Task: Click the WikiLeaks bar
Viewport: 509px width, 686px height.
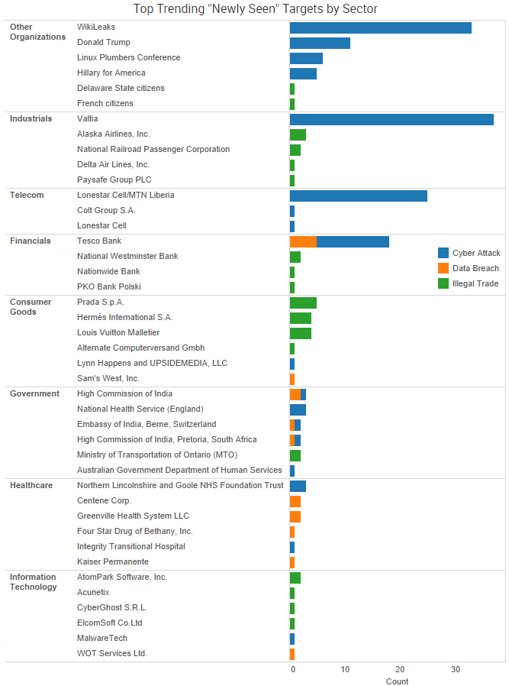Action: point(380,28)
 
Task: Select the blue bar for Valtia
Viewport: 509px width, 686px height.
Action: point(391,119)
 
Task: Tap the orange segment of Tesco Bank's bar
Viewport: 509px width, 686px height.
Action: point(303,241)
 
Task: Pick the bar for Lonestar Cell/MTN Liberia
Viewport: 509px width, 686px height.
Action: point(358,196)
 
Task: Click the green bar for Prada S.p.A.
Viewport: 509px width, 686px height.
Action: point(303,303)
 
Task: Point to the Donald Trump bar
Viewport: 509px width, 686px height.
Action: point(320,43)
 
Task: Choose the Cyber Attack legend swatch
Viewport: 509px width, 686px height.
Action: point(443,253)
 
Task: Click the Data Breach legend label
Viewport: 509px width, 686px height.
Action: point(475,268)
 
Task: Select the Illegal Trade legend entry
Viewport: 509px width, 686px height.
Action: point(475,283)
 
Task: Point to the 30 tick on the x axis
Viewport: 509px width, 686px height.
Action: point(456,670)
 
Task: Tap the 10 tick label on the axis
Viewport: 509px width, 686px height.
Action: point(345,670)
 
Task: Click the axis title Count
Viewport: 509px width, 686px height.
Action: point(397,681)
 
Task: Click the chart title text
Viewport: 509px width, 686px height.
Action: point(255,9)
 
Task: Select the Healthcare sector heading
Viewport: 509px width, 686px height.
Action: point(31,485)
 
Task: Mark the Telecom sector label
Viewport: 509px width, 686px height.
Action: point(27,195)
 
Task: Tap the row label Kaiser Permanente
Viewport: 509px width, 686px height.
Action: point(113,561)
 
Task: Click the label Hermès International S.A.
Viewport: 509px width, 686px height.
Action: point(125,317)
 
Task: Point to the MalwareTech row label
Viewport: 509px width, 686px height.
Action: point(102,638)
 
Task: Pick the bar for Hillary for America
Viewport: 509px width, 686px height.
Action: point(303,73)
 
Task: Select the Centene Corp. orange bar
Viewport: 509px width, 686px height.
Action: point(295,501)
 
